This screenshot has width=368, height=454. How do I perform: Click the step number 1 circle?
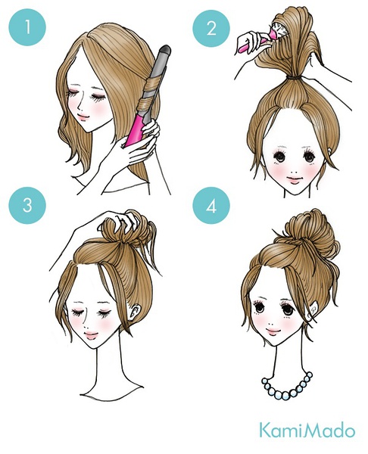pos(27,27)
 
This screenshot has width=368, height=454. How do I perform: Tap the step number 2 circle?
pos(211,29)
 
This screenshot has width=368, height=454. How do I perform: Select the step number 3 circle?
pos(27,205)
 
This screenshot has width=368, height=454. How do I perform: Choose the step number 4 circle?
pos(211,205)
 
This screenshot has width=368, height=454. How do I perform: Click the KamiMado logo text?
pos(307,431)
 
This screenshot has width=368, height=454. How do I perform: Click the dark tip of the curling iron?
pos(165,49)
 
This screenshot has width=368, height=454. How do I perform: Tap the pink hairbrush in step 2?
pos(260,38)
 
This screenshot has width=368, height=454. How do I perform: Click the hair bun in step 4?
pos(310,232)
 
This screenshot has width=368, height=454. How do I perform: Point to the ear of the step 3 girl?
pos(136,312)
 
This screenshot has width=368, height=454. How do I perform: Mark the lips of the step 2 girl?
pos(294,180)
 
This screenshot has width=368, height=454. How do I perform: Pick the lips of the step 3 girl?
pos(91,335)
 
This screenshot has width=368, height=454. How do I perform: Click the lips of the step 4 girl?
pos(273,331)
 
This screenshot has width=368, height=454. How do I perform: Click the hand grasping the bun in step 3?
pos(122,221)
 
